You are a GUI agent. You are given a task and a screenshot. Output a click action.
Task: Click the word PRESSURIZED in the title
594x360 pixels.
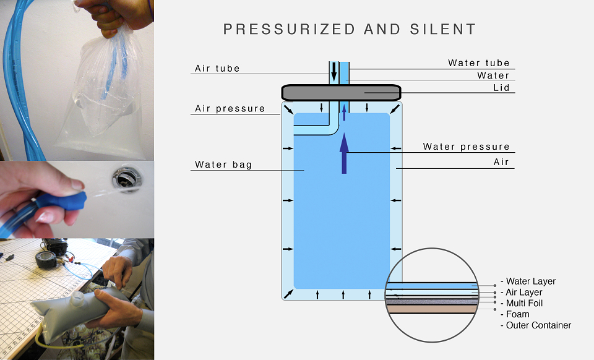(x=289, y=29)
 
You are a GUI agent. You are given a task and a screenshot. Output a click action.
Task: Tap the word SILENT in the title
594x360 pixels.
(x=443, y=29)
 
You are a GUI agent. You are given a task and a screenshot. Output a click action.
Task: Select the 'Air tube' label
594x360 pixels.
(x=217, y=69)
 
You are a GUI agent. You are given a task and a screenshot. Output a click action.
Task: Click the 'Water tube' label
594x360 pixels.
(x=479, y=63)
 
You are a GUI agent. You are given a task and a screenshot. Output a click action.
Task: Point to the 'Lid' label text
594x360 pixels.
(x=501, y=88)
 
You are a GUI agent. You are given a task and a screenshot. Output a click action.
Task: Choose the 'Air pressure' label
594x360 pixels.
(x=230, y=109)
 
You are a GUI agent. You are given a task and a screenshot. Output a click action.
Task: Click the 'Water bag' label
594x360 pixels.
(x=223, y=165)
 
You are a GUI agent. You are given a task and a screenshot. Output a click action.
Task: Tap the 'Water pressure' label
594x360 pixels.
(x=467, y=147)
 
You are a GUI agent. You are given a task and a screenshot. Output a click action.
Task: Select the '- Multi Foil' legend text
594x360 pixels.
(x=522, y=303)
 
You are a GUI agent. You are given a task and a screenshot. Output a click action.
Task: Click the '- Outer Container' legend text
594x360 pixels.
(x=536, y=325)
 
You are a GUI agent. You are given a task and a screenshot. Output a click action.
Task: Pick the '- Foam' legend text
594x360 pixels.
(x=515, y=314)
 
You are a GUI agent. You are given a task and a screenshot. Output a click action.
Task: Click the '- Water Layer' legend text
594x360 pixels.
(x=528, y=281)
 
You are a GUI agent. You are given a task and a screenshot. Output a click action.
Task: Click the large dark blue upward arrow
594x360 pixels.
(x=344, y=153)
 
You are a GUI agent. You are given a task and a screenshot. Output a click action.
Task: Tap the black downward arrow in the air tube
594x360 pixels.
(x=334, y=72)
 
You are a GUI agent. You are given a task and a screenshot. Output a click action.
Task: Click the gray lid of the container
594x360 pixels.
(x=341, y=93)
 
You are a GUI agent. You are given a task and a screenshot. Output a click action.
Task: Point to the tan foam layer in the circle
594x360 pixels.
(x=431, y=309)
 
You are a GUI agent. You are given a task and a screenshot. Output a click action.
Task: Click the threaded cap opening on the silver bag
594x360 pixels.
(x=78, y=299)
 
